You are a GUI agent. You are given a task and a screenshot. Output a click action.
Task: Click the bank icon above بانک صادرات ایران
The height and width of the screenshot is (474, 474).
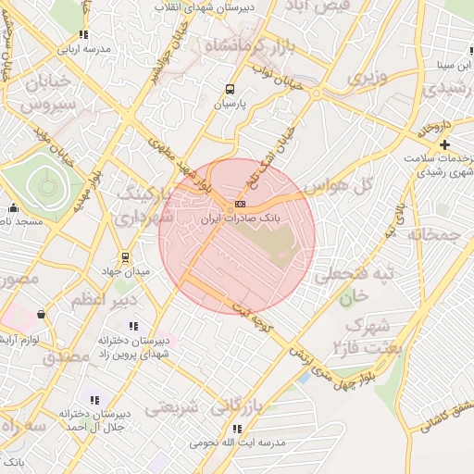click(240, 203)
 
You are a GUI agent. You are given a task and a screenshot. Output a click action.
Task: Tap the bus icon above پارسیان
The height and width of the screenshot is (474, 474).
click(230, 90)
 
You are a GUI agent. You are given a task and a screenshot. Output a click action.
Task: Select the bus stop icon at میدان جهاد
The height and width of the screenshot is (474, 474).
click(125, 256)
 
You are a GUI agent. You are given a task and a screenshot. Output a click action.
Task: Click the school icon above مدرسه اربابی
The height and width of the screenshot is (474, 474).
click(83, 34)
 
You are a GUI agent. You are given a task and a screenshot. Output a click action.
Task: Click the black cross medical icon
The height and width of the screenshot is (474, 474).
click(445, 144)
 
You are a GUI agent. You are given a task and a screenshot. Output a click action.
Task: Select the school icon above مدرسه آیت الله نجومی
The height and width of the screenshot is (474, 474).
click(237, 429)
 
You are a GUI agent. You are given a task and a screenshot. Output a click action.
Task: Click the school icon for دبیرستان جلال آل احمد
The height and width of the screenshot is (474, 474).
click(94, 399)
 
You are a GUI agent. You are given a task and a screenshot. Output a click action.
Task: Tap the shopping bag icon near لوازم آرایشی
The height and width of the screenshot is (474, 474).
click(41, 315)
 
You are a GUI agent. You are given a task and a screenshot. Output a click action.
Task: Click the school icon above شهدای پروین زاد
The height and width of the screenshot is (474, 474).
click(134, 326)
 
